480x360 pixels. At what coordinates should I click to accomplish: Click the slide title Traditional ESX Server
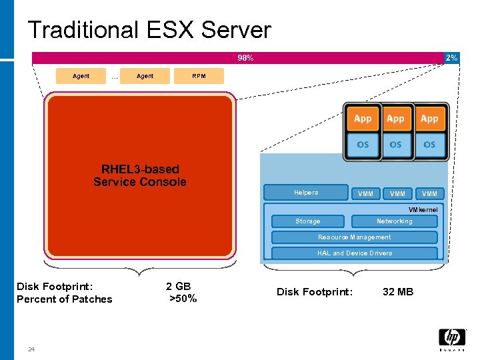[x=149, y=30]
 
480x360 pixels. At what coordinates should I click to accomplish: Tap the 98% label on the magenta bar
[x=245, y=58]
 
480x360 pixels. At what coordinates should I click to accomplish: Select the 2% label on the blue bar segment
[x=451, y=58]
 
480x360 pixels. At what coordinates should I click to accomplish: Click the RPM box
[x=199, y=76]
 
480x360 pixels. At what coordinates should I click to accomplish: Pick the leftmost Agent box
[x=81, y=76]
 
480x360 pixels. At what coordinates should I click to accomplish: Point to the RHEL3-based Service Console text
[x=139, y=175]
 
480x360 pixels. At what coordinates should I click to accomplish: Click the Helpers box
[x=306, y=193]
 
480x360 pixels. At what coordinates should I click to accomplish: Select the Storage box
[x=307, y=221]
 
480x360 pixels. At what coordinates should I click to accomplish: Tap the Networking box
[x=394, y=221]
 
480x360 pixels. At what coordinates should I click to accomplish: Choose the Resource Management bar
[x=354, y=237]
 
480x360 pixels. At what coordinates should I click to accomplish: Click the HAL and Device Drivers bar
[x=354, y=253]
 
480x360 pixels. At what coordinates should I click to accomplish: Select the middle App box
[x=395, y=119]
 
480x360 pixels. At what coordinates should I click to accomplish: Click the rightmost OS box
[x=429, y=145]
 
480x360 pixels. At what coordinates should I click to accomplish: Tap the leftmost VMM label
[x=365, y=194]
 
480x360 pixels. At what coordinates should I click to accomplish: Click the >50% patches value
[x=183, y=299]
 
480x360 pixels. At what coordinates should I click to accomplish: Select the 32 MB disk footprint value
[x=397, y=292]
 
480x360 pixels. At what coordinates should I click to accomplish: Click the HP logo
[x=451, y=339]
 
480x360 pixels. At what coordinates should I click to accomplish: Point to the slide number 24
[x=31, y=349]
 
